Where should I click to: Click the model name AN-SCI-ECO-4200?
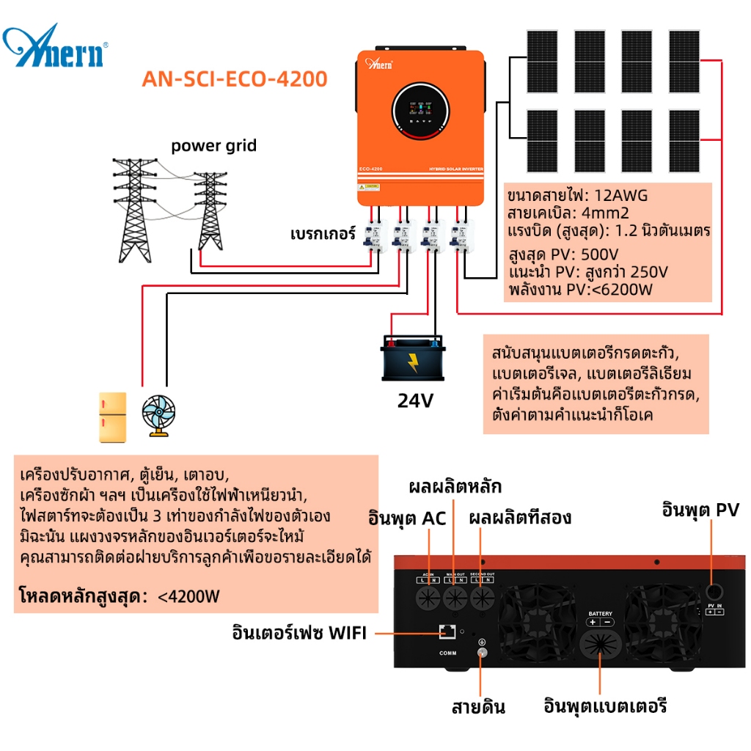[x=235, y=78]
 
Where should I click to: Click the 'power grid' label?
[x=214, y=145]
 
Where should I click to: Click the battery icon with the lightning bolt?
[x=412, y=357]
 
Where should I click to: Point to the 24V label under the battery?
[x=416, y=401]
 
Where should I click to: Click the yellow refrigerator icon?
[x=113, y=417]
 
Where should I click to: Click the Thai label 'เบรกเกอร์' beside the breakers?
[x=322, y=235]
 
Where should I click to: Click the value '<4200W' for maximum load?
[x=188, y=596]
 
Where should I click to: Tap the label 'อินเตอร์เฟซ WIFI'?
[x=298, y=632]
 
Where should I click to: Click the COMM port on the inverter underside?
[x=447, y=631]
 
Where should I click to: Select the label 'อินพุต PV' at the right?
[x=700, y=510]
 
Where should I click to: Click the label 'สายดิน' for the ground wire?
[x=478, y=707]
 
